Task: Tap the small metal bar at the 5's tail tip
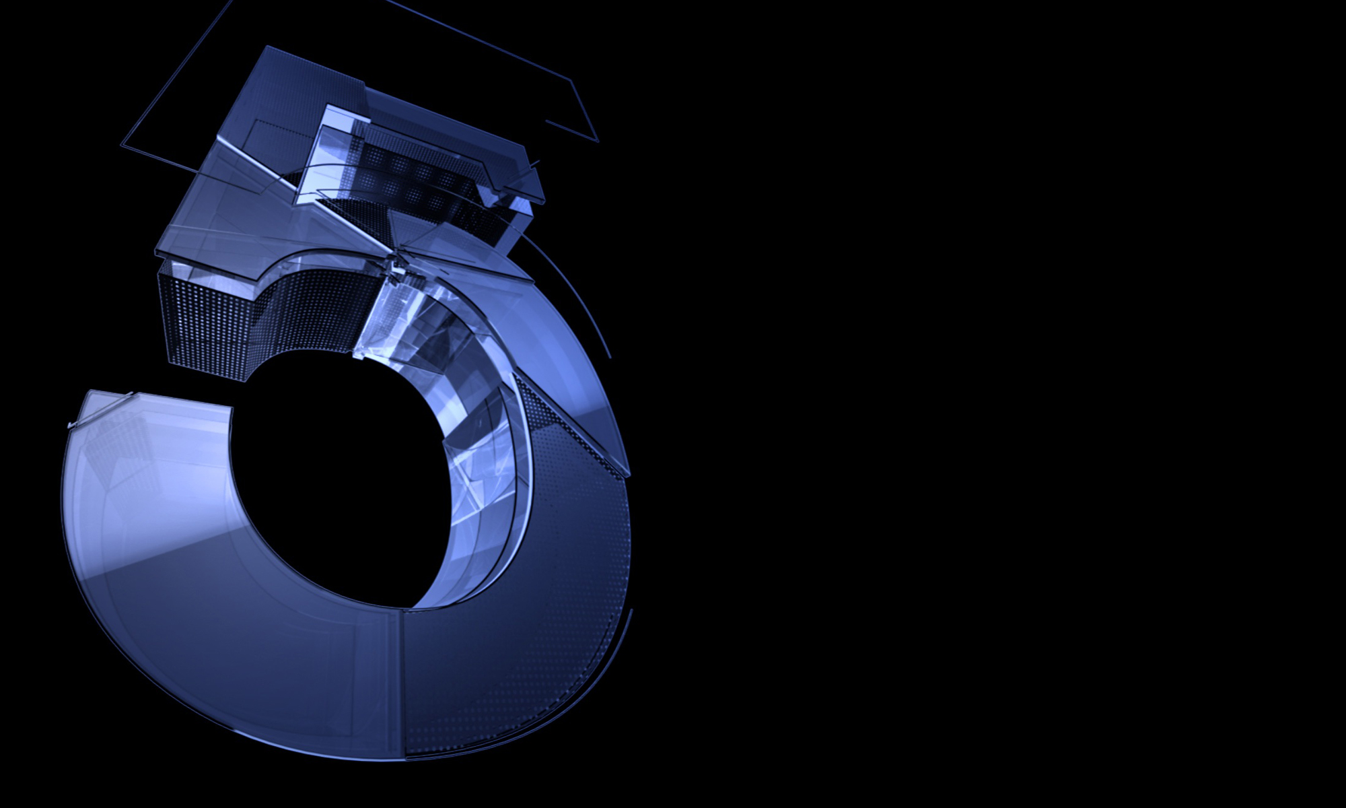pyautogui.click(x=101, y=409)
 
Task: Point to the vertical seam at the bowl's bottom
pyautogui.click(x=402, y=683)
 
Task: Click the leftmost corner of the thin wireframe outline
pyautogui.click(x=122, y=144)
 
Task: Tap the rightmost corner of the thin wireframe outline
pyautogui.click(x=598, y=141)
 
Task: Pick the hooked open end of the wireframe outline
pyautogui.click(x=546, y=122)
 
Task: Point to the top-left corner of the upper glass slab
pyautogui.click(x=267, y=46)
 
